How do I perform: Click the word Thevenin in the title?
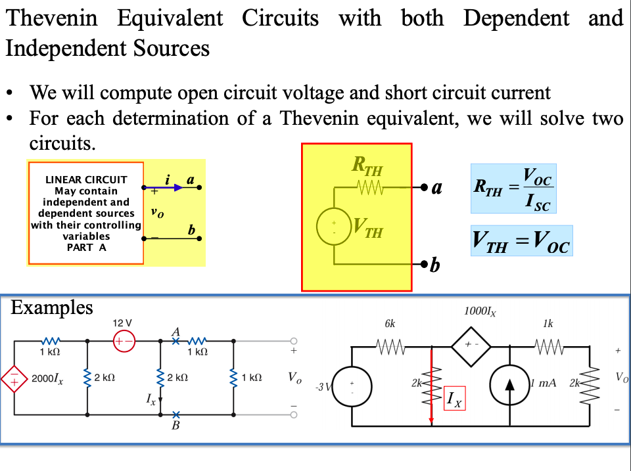tap(51, 18)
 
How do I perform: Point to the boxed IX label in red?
tap(454, 398)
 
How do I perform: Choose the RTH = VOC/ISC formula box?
tap(513, 189)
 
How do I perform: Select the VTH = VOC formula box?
tap(521, 241)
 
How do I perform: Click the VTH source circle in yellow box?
tap(334, 227)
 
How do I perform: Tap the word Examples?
tap(52, 307)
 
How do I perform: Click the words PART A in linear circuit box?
tap(86, 248)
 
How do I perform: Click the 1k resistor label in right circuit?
tap(548, 324)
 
